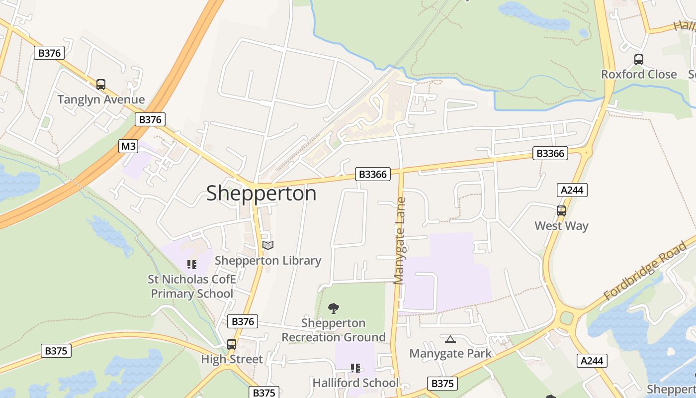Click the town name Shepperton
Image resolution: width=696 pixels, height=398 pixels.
(x=261, y=193)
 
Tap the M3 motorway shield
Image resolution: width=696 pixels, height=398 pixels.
(x=128, y=146)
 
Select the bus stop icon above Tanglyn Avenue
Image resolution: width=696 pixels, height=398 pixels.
(x=101, y=85)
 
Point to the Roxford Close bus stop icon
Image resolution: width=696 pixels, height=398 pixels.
(x=639, y=60)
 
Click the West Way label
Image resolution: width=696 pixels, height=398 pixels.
(x=561, y=226)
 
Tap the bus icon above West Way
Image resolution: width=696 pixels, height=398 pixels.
(x=561, y=211)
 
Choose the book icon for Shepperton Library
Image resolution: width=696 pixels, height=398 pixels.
(x=268, y=245)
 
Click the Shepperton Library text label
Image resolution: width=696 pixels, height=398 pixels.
(x=268, y=260)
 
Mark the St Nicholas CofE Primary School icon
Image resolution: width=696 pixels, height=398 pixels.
(x=192, y=264)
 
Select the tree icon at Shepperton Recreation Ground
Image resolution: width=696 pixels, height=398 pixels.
(x=334, y=308)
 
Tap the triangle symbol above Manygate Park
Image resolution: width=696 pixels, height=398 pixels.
(x=450, y=339)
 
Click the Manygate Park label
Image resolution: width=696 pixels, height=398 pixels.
(x=450, y=354)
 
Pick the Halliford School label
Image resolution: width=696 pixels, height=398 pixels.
(x=355, y=383)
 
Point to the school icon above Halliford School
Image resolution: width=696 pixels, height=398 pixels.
(x=355, y=368)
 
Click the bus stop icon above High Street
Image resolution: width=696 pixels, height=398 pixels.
(x=232, y=344)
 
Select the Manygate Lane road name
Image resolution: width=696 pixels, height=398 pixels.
(x=400, y=241)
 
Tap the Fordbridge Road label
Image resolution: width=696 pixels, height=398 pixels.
(x=645, y=272)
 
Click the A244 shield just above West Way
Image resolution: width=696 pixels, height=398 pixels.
(x=572, y=190)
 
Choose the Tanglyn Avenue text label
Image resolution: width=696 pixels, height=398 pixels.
(x=101, y=99)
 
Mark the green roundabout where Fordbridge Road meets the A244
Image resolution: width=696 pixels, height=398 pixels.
(x=566, y=318)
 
